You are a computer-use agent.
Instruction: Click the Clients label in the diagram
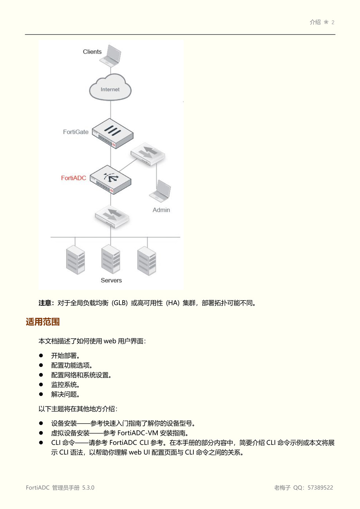pos(92,52)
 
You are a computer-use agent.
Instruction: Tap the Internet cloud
pos(110,88)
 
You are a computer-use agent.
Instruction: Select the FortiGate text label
pos(76,132)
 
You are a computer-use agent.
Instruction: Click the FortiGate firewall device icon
pos(112,133)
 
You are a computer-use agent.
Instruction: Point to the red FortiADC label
pos(74,178)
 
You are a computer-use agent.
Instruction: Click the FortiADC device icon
pos(110,180)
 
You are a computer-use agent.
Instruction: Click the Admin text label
pos(161,210)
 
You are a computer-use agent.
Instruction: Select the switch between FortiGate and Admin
pos(148,153)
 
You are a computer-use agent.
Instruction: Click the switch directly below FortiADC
pos(112,216)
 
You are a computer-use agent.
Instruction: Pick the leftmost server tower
pos(76,260)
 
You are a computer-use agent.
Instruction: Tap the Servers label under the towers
pos(111,280)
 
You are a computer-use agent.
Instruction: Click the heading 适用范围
pos(43,322)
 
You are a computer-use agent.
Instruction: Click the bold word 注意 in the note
pos(45,303)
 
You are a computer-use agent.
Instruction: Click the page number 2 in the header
pos(333,22)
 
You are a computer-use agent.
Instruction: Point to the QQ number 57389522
pos(320,487)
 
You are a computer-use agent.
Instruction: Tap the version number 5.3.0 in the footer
pos(88,487)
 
